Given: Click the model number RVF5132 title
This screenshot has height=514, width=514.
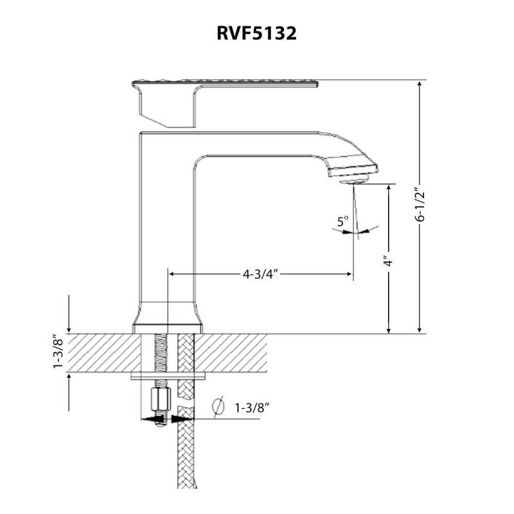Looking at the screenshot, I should click(256, 34).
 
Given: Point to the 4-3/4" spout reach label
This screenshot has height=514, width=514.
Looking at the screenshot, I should click(260, 274).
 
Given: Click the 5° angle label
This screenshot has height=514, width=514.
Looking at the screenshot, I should click(343, 222).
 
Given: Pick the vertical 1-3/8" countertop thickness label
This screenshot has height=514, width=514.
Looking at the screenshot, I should click(58, 352).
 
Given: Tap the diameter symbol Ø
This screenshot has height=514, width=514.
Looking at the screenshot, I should click(217, 407).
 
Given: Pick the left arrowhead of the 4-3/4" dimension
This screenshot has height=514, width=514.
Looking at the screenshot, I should click(172, 274).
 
